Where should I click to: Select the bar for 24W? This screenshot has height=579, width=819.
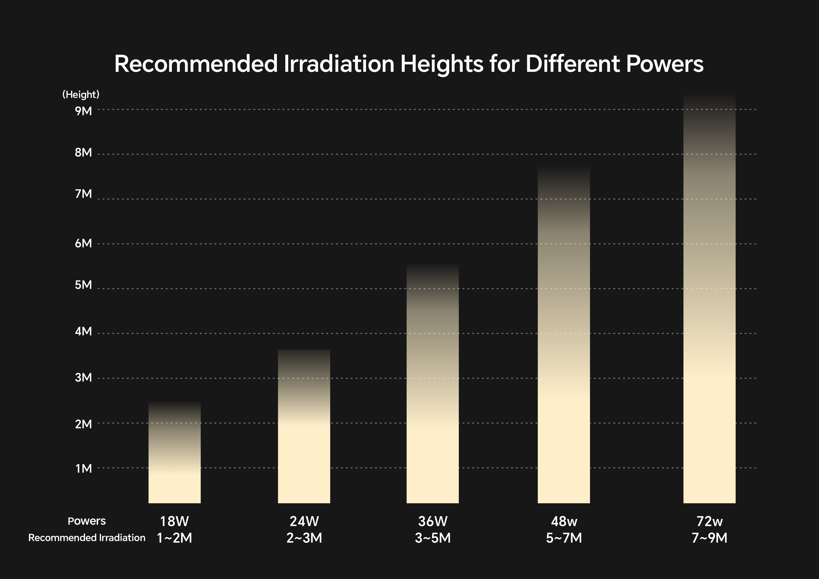[304, 435]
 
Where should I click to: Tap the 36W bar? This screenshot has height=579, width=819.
[432, 392]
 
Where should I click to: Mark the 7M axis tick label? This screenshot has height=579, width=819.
[83, 194]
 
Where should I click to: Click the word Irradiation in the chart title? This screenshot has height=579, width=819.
[339, 64]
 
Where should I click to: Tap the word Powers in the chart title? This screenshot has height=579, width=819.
[664, 64]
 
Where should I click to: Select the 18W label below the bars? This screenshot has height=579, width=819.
[174, 522]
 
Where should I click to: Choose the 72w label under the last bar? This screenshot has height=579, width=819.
[709, 522]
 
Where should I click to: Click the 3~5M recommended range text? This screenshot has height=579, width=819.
[432, 538]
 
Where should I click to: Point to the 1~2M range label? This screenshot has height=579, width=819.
[174, 538]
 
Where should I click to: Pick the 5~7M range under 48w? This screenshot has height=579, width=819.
[564, 538]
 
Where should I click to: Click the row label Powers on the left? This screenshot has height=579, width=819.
[87, 521]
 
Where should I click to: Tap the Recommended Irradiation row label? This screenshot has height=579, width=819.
[87, 538]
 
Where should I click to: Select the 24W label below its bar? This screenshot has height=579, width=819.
[304, 522]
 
